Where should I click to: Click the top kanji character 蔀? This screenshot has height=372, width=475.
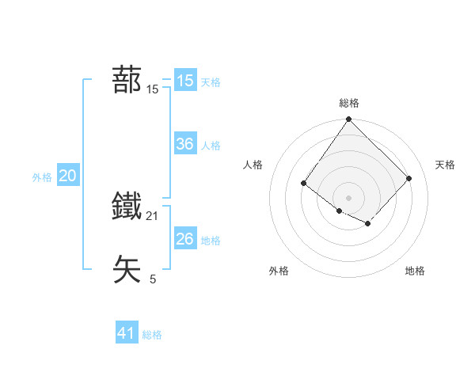(x=127, y=80)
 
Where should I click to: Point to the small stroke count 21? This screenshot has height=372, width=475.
(x=153, y=216)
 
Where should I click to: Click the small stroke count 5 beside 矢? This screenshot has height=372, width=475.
(x=153, y=279)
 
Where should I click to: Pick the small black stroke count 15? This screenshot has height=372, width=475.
(x=153, y=89)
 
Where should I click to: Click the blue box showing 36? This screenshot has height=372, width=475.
(x=185, y=144)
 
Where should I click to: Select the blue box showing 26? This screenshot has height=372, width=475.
(x=185, y=239)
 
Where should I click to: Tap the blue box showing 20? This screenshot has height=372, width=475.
(x=67, y=177)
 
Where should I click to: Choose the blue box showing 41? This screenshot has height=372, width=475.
(x=127, y=333)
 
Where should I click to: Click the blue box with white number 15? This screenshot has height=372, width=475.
(x=185, y=81)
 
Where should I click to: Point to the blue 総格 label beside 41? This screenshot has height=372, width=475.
(x=152, y=335)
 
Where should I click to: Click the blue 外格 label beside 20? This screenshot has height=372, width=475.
(x=42, y=178)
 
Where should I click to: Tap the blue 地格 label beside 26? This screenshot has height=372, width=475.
(x=211, y=241)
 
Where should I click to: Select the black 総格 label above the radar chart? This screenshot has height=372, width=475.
(x=349, y=104)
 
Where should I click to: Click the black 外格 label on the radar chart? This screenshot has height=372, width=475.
(x=279, y=271)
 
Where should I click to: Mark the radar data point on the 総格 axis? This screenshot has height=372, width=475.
(x=349, y=120)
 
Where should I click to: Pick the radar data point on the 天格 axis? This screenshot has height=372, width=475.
(x=409, y=178)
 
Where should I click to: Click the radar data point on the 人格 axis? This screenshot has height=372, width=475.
(x=303, y=184)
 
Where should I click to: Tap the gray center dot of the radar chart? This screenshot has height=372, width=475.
(x=349, y=197)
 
